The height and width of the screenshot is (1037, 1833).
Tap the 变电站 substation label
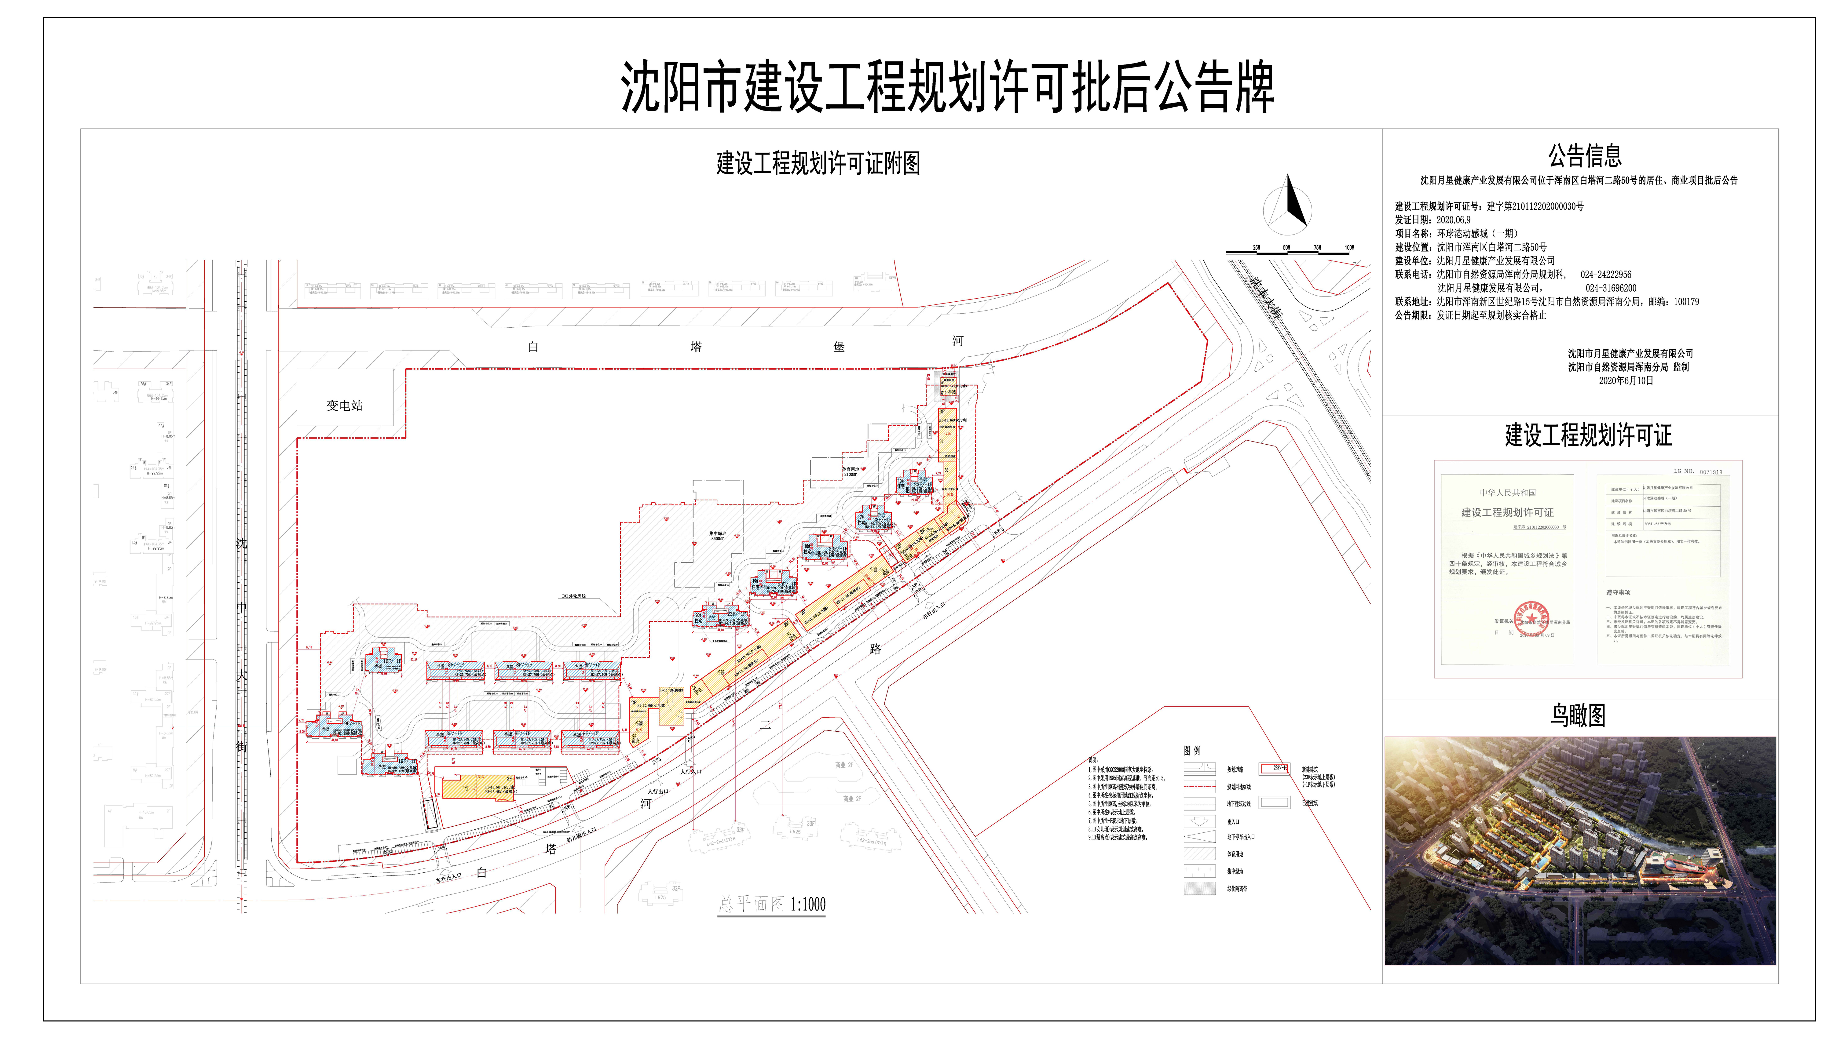[345, 405]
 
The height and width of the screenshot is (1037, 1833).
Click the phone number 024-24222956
[1606, 274]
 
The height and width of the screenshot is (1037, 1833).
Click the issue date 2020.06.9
[1453, 220]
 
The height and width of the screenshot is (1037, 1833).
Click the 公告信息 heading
[1584, 155]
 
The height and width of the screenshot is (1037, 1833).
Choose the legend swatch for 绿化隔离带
[1200, 888]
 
